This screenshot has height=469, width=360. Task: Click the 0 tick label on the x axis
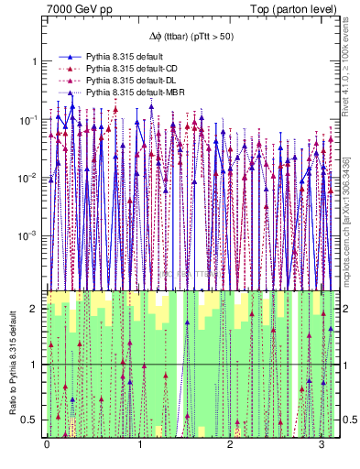click(47, 447)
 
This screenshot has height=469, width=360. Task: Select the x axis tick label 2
click(231, 447)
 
